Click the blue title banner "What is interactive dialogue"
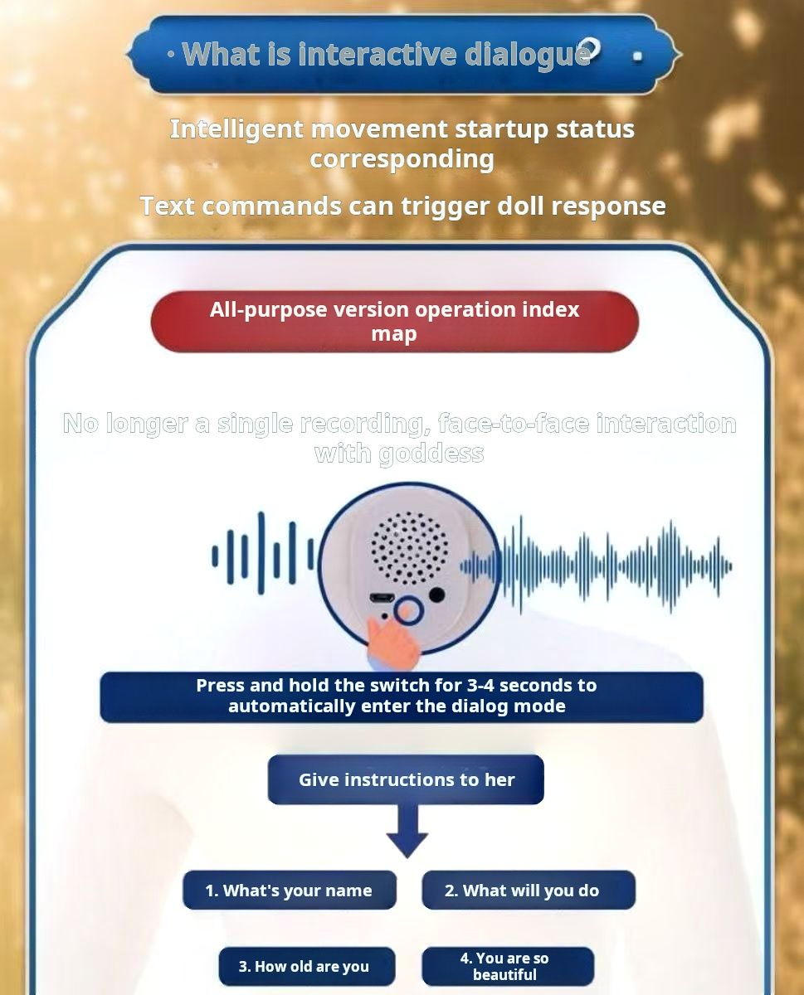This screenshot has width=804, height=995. pos(403,54)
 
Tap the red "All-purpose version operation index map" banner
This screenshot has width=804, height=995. pos(394,322)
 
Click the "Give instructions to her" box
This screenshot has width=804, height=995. pos(406,779)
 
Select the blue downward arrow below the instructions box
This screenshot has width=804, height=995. pos(407,831)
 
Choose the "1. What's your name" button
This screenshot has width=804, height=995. pos(290,891)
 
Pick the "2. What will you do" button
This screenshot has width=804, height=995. pos(529,891)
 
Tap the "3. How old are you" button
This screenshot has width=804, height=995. pos(307,966)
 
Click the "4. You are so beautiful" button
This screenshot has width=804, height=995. pos(508,966)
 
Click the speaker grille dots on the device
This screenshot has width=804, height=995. pos(410,547)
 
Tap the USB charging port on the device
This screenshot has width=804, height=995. pos(382,598)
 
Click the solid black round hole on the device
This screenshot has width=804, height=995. pos(436,595)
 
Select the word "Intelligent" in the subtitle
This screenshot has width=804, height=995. pos(236,130)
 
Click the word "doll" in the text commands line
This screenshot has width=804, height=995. pos(519,206)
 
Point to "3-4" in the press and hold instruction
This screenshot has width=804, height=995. pos(480,685)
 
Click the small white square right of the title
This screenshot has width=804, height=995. pos(637,56)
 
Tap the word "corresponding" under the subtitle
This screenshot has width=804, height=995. pos(402,160)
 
